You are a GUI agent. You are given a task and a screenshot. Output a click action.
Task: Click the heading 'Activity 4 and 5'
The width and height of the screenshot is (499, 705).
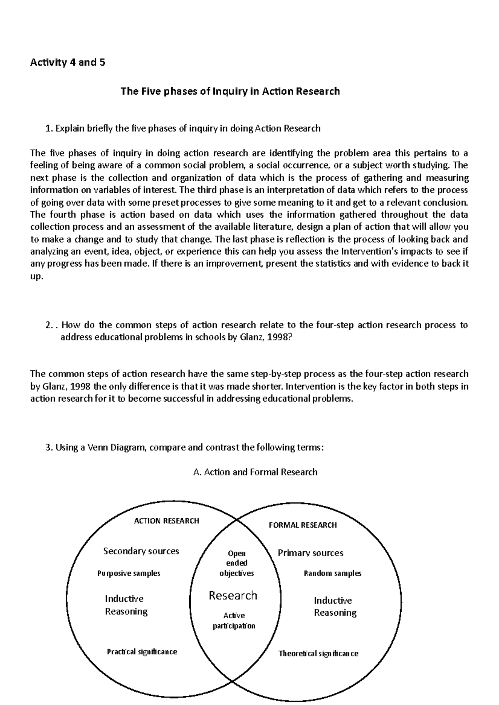pos(68,63)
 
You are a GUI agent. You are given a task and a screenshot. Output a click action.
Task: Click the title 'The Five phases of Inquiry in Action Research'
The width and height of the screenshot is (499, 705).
pos(230,91)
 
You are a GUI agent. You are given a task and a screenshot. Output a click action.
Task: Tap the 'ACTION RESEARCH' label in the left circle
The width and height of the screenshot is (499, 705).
pos(166,521)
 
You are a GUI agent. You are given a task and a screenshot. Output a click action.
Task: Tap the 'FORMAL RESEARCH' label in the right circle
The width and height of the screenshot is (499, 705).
pos(303,525)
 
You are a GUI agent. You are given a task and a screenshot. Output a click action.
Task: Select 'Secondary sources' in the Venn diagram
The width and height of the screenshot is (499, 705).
pos(141,551)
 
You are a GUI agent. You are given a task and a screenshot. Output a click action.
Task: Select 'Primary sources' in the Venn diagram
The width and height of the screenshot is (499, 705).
pos(310,553)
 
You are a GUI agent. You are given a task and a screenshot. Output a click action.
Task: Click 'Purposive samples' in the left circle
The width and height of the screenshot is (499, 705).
pos(128,573)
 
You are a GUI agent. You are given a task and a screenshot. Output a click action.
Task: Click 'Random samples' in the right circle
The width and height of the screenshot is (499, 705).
pos(332,573)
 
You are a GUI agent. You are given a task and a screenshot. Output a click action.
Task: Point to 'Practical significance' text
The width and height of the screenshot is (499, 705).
pos(142,652)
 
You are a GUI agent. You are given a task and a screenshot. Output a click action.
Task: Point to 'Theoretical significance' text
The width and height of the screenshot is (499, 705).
pos(318,654)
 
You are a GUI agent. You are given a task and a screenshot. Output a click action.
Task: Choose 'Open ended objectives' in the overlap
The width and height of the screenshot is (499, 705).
pos(236,563)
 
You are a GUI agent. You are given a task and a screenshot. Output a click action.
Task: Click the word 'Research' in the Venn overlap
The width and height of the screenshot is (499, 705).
pos(233,596)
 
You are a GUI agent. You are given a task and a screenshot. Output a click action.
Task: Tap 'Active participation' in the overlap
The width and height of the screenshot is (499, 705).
pos(234,621)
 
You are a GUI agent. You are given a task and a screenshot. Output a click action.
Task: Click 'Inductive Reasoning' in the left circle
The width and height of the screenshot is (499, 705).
pos(126,605)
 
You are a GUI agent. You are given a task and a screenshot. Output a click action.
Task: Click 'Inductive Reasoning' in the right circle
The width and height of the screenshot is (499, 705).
pos(335,607)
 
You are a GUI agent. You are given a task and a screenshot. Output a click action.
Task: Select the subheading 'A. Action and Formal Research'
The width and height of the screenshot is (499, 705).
pos(255,472)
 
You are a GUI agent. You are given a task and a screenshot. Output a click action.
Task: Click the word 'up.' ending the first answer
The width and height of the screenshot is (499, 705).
pos(37,277)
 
